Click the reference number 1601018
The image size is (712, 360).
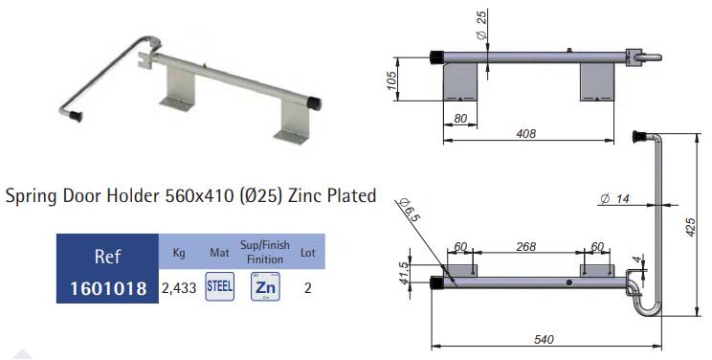(108, 288)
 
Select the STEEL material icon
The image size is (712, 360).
(220, 286)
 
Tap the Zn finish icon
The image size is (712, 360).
(265, 286)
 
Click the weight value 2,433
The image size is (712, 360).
(179, 288)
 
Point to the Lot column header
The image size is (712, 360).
(308, 252)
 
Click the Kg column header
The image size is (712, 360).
(179, 252)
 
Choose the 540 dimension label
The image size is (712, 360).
(544, 340)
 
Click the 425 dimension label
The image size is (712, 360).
(690, 227)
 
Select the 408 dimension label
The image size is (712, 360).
(525, 134)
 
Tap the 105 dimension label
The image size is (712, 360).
(391, 80)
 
